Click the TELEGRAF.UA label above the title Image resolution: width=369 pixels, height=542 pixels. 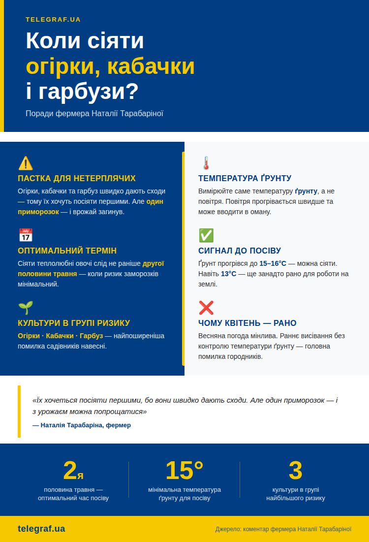tap(53, 20)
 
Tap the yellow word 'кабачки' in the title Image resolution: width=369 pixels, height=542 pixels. tap(151, 67)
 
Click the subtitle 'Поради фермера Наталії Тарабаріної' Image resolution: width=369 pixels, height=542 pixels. tap(94, 114)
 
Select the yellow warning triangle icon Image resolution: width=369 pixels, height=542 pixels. tap(26, 163)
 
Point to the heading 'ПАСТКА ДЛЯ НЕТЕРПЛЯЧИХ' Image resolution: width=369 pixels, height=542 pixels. tap(77, 178)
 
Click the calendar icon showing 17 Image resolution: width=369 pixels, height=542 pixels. tap(26, 235)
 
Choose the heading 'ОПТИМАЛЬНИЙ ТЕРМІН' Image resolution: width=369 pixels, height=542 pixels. tap(67, 251)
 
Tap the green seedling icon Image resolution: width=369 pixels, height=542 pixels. tap(26, 308)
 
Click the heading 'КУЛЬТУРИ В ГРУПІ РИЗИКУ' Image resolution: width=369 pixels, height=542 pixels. tap(74, 323)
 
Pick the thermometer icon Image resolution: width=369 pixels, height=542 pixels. tap(206, 163)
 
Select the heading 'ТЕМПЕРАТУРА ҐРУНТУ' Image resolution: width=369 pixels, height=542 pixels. tap(245, 178)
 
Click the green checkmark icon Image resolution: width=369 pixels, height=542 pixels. tap(206, 235)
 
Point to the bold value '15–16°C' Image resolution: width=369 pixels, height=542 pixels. tap(273, 263)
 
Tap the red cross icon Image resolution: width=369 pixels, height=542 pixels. tap(206, 308)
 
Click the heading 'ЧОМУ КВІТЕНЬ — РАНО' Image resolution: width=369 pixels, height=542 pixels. tap(247, 323)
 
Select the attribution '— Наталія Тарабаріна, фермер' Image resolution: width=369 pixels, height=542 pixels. tap(82, 425)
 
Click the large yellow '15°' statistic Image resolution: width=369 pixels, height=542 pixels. tap(184, 471)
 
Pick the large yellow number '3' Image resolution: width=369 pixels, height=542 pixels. tap(295, 471)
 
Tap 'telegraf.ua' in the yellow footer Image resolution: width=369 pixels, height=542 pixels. tap(41, 529)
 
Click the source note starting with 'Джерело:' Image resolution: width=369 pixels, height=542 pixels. tap(283, 529)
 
